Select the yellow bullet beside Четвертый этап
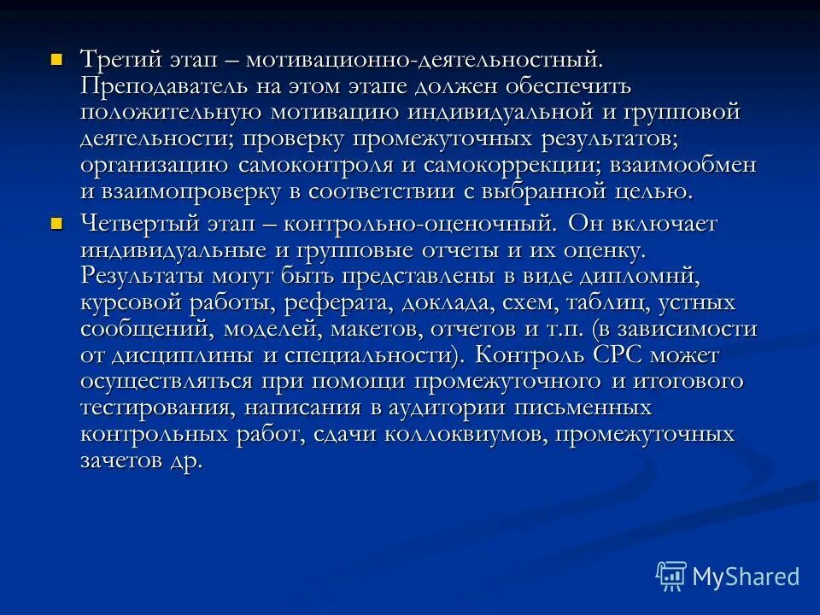click(x=57, y=224)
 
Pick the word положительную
click(x=173, y=113)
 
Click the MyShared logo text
click(x=746, y=577)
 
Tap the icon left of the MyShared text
click(x=672, y=576)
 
